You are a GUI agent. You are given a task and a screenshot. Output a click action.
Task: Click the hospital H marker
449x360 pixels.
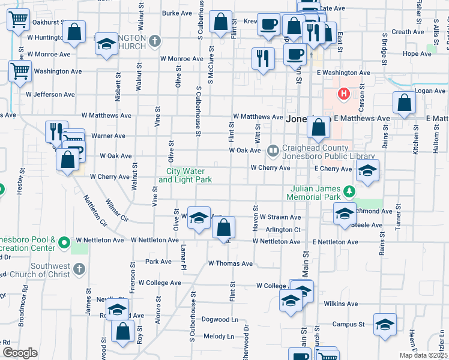pyautogui.click(x=344, y=94)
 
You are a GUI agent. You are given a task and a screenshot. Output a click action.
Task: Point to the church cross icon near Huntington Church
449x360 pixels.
pyautogui.click(x=155, y=41)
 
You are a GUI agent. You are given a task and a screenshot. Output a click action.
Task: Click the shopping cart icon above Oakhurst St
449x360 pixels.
pyautogui.click(x=19, y=20)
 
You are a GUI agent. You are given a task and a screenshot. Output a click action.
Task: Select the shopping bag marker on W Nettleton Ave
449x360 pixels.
pyautogui.click(x=223, y=228)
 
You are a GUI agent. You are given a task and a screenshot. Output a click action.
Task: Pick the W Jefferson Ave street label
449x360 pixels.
pyautogui.click(x=50, y=94)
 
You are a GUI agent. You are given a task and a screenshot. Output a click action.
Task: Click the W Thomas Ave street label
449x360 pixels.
pyautogui.click(x=231, y=263)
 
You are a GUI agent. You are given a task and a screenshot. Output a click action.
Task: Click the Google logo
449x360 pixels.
pyautogui.click(x=20, y=353)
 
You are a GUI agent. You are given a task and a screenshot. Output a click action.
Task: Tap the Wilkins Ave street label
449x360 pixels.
pyautogui.click(x=341, y=304)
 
